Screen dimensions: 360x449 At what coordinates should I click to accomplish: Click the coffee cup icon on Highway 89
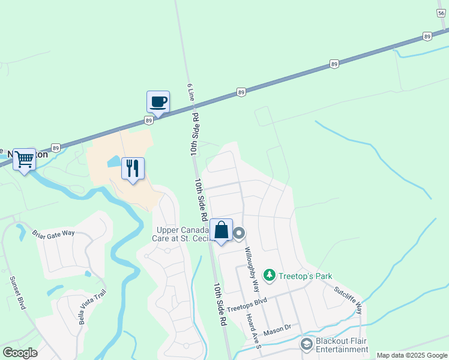pyautogui.click(x=158, y=101)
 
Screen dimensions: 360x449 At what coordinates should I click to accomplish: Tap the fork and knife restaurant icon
pyautogui.click(x=133, y=167)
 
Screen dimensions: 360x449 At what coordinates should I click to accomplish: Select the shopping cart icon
pyautogui.click(x=25, y=160)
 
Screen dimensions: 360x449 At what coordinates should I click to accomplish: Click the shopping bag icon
pyautogui.click(x=221, y=230)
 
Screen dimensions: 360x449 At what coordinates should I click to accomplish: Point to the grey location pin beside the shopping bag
pyautogui.click(x=239, y=233)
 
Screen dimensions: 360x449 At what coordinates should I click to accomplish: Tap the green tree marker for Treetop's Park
pyautogui.click(x=270, y=275)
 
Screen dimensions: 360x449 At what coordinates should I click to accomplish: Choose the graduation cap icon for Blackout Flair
pyautogui.click(x=306, y=344)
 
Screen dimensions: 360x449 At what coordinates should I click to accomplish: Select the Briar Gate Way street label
pyautogui.click(x=53, y=233)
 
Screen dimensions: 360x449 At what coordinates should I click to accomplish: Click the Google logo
pyautogui.click(x=20, y=353)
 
